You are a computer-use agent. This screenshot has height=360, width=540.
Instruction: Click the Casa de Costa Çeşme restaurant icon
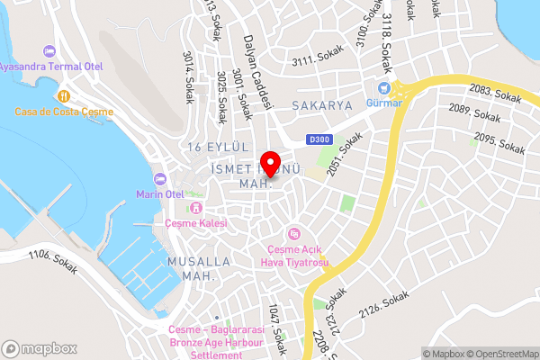click(x=63, y=94)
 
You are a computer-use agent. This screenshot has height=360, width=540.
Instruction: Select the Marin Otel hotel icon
click(x=160, y=177)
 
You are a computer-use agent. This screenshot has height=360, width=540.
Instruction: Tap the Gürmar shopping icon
click(x=384, y=89)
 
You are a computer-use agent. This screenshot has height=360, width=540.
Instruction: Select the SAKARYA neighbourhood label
click(x=322, y=105)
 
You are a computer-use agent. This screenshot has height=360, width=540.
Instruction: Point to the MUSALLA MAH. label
click(x=199, y=268)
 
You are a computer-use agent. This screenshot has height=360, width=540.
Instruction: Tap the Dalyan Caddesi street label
click(x=257, y=73)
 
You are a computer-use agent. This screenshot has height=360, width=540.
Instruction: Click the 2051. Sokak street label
click(x=345, y=153)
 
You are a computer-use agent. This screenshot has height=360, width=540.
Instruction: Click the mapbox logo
click(x=39, y=348)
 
